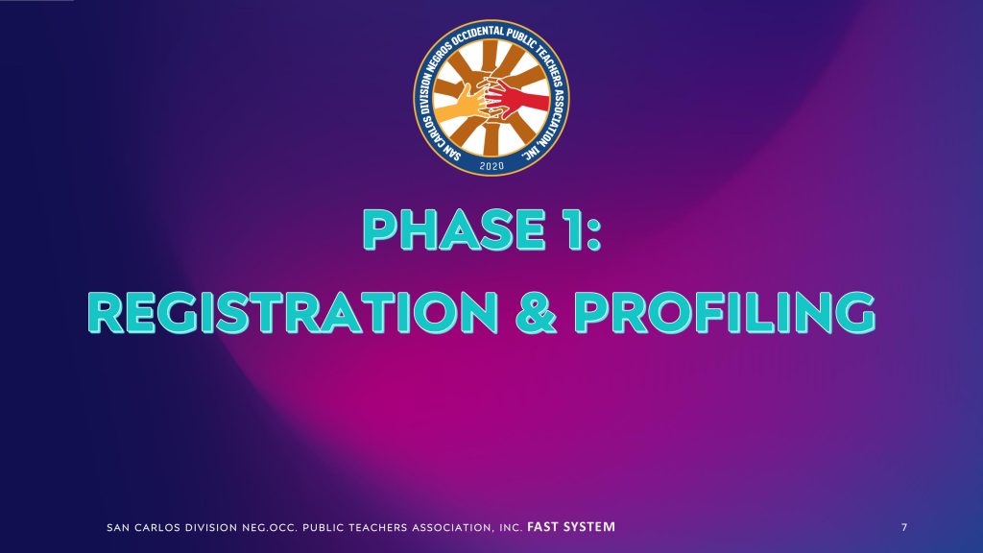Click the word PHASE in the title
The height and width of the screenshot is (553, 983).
pyautogui.click(x=455, y=230)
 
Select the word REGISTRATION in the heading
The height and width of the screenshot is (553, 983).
pyautogui.click(x=294, y=312)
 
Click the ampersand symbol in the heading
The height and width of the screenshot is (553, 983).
pyautogui.click(x=536, y=312)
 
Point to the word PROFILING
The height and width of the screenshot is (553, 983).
pyautogui.click(x=725, y=312)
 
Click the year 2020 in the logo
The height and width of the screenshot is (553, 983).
pyautogui.click(x=491, y=165)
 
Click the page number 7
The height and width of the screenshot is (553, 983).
pyautogui.click(x=904, y=527)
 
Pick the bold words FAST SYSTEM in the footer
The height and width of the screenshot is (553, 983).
pyautogui.click(x=571, y=527)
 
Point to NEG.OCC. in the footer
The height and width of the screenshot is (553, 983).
pyautogui.click(x=270, y=528)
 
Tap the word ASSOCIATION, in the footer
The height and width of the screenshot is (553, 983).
pyautogui.click(x=453, y=528)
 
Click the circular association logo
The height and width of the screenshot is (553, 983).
pyautogui.click(x=491, y=97)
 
